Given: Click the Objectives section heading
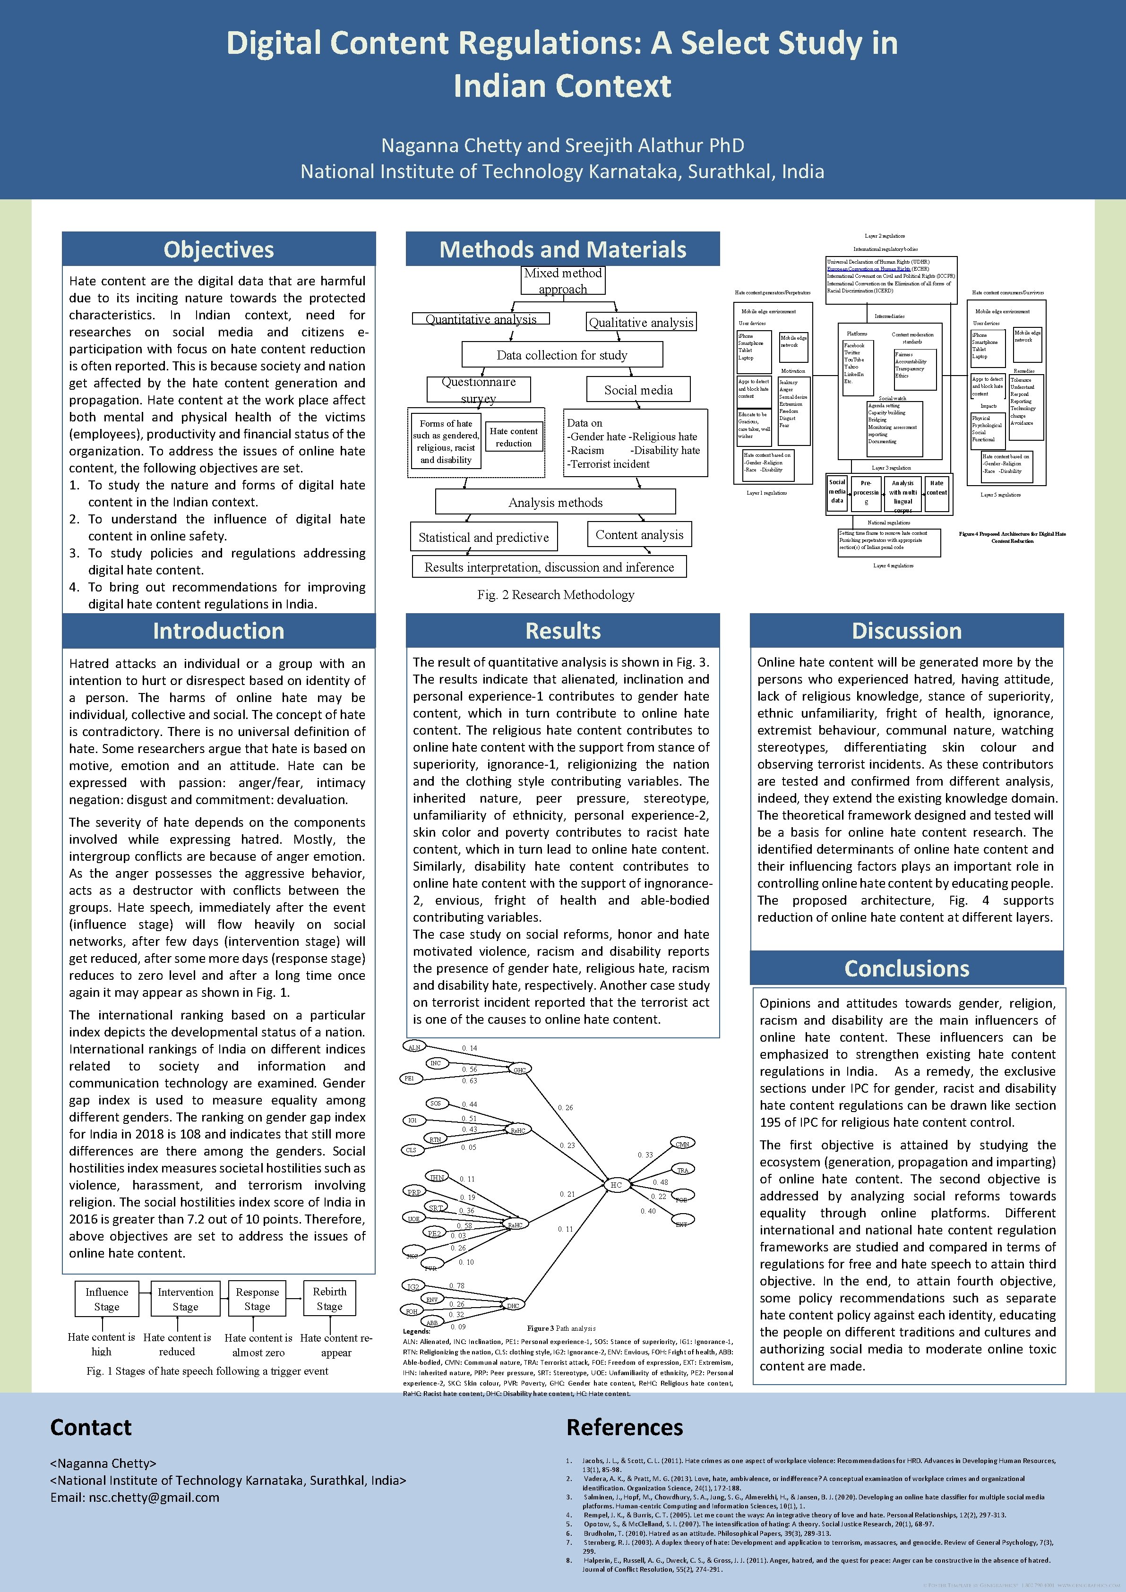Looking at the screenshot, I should [x=218, y=249].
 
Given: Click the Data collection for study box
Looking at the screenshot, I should [x=562, y=355].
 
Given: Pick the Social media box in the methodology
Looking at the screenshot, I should [x=638, y=390].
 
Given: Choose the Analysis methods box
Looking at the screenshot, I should [x=555, y=502].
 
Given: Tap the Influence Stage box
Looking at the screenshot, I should [x=107, y=1299].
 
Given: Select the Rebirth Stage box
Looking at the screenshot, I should [x=329, y=1299].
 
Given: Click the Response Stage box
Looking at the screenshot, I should [x=257, y=1299].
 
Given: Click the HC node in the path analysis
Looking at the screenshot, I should [x=616, y=1185].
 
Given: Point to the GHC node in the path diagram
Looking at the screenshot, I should [x=519, y=1070].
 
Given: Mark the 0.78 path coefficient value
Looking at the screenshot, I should [x=456, y=1285].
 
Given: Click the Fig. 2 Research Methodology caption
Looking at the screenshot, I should [x=555, y=594].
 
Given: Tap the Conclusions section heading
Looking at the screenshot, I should [x=906, y=968].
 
